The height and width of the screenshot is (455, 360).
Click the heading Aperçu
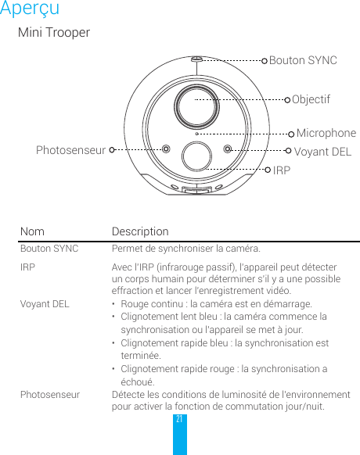coord(30,9)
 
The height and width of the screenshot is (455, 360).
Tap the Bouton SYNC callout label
coord(303,60)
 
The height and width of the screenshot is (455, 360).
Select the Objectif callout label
coord(311,100)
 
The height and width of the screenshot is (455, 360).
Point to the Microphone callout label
coord(326,134)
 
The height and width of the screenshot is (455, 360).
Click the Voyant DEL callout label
coord(322,151)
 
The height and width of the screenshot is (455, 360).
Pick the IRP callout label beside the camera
coord(281,169)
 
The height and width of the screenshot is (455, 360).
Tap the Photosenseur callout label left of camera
coord(70,150)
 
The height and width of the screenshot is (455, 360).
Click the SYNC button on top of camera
coord(196,59)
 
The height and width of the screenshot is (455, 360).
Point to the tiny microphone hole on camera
coord(196,134)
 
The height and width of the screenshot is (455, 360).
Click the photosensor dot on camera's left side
coord(165,149)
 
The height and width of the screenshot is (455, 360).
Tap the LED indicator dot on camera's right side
coord(227,149)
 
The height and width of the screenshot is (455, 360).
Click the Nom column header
coord(32,232)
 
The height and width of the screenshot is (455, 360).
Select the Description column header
coord(140,232)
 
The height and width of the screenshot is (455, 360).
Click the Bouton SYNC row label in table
coord(49,249)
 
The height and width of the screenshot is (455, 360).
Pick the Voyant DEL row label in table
coord(45,304)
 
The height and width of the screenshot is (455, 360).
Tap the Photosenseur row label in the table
coord(49,395)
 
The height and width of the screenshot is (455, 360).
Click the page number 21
coord(179,420)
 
